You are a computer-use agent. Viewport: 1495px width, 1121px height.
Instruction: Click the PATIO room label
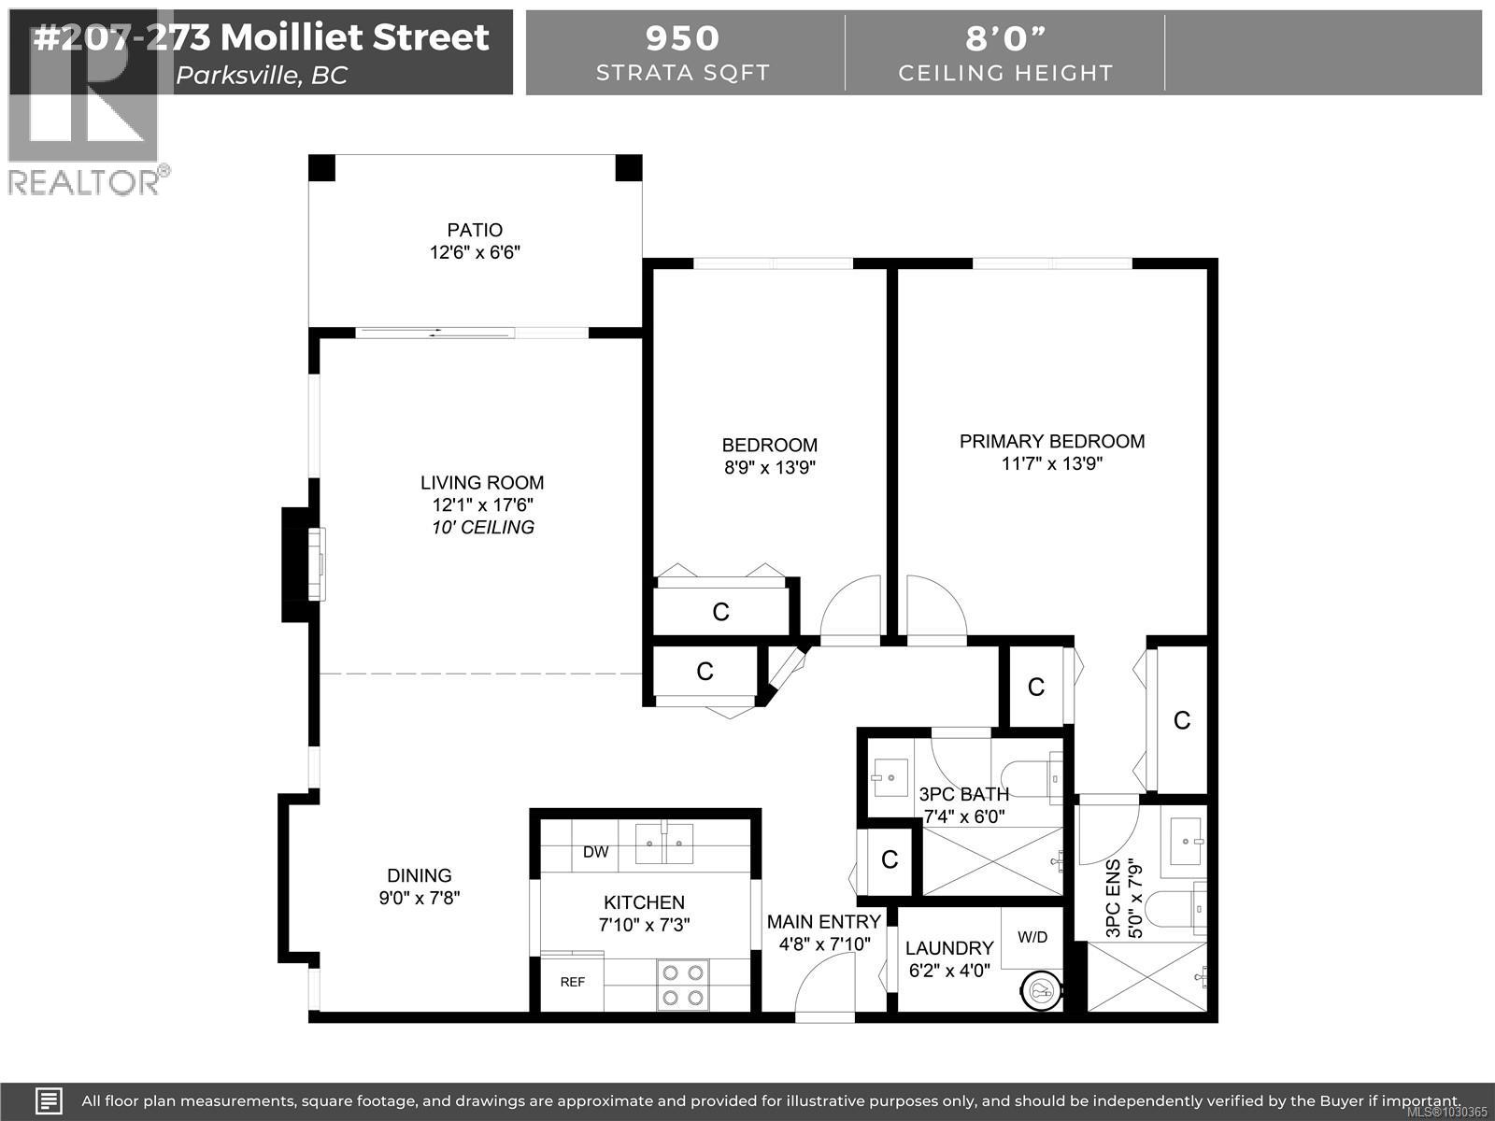tap(475, 230)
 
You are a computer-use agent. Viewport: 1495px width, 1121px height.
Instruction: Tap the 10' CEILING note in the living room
tap(482, 528)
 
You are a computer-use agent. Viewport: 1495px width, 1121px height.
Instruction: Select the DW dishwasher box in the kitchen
tap(595, 852)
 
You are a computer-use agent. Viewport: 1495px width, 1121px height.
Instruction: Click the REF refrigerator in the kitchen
tap(572, 982)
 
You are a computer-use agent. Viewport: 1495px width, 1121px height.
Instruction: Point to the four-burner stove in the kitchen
tap(682, 985)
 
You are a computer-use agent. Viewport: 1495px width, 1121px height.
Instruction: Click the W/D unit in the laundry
tap(1032, 937)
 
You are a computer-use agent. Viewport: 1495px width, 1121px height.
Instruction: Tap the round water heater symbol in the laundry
tap(1042, 990)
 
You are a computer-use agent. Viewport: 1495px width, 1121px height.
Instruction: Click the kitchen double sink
tap(664, 844)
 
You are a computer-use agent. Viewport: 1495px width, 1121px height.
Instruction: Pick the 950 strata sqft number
tap(683, 38)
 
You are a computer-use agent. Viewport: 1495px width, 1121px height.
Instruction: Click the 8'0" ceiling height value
tap(1005, 38)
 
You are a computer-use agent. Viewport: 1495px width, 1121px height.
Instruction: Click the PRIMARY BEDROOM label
tap(1051, 441)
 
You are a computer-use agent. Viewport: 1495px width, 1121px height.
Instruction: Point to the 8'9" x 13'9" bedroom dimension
tap(770, 468)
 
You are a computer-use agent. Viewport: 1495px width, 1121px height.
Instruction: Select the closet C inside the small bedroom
tap(720, 612)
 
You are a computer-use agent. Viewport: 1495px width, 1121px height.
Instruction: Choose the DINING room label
tap(420, 875)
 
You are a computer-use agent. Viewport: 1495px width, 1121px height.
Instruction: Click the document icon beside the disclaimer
tap(50, 1100)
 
